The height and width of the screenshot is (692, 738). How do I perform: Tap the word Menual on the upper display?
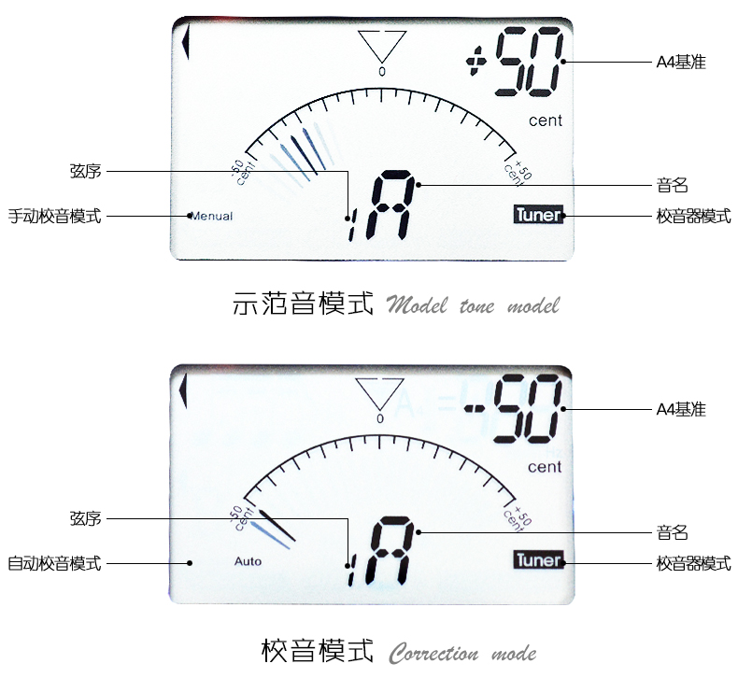(212, 217)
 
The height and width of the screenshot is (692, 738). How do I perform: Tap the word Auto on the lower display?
(248, 562)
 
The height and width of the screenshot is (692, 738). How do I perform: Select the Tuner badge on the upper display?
(539, 215)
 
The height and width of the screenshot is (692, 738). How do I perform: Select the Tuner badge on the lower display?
(539, 560)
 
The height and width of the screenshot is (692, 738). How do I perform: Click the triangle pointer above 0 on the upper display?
(382, 45)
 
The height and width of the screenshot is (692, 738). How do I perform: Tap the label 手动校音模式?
(54, 217)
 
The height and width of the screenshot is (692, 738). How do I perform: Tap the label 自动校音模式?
(54, 563)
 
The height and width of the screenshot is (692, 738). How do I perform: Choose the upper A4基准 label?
(680, 63)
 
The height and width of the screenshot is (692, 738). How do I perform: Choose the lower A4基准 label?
(680, 410)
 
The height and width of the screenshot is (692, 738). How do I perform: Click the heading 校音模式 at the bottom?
(317, 650)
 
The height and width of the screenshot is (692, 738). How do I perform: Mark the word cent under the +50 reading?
(545, 120)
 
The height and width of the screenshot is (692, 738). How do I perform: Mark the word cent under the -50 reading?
(545, 466)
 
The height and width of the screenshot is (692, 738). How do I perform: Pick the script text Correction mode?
(462, 652)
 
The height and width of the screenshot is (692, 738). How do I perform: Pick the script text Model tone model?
(473, 306)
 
